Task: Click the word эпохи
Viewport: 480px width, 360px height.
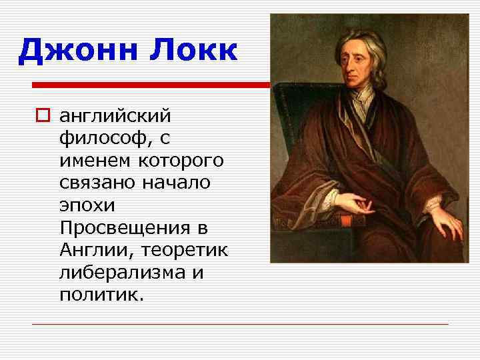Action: [x=83, y=206]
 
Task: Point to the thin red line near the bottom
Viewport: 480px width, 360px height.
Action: [x=240, y=325]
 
